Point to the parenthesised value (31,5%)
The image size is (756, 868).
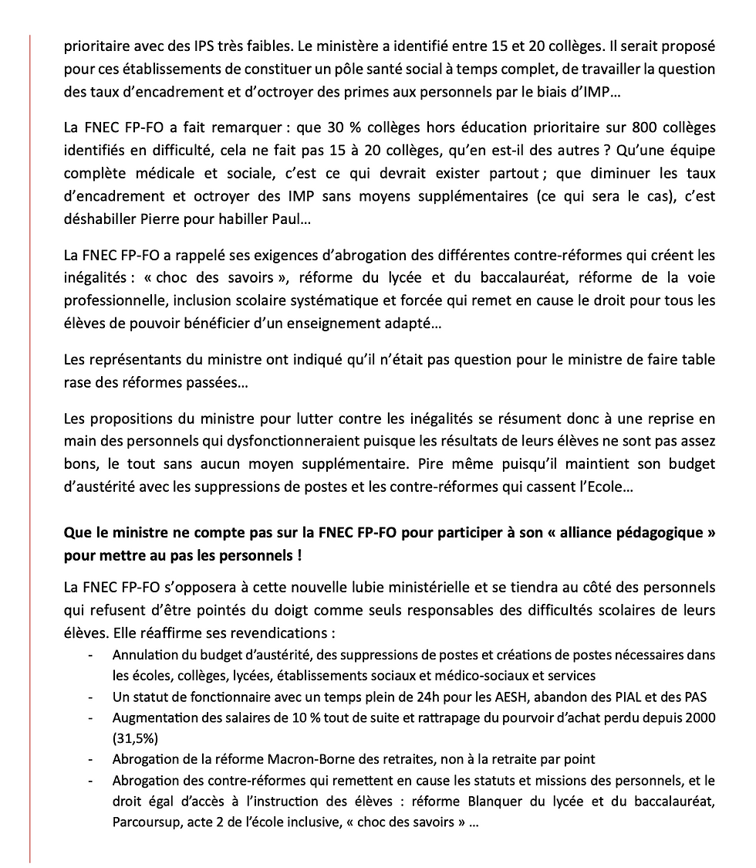(x=135, y=737)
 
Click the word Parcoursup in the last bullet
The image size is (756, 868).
(x=146, y=822)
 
